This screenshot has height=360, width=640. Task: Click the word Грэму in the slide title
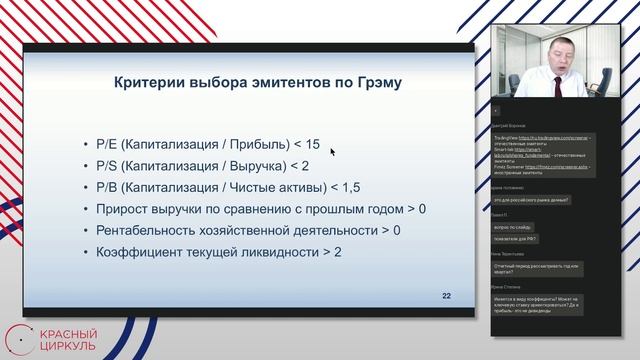(x=373, y=83)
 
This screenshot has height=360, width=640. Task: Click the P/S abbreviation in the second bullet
(x=108, y=166)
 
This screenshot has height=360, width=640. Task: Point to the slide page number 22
(x=447, y=297)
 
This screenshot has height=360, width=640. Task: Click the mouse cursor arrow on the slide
(x=331, y=152)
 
